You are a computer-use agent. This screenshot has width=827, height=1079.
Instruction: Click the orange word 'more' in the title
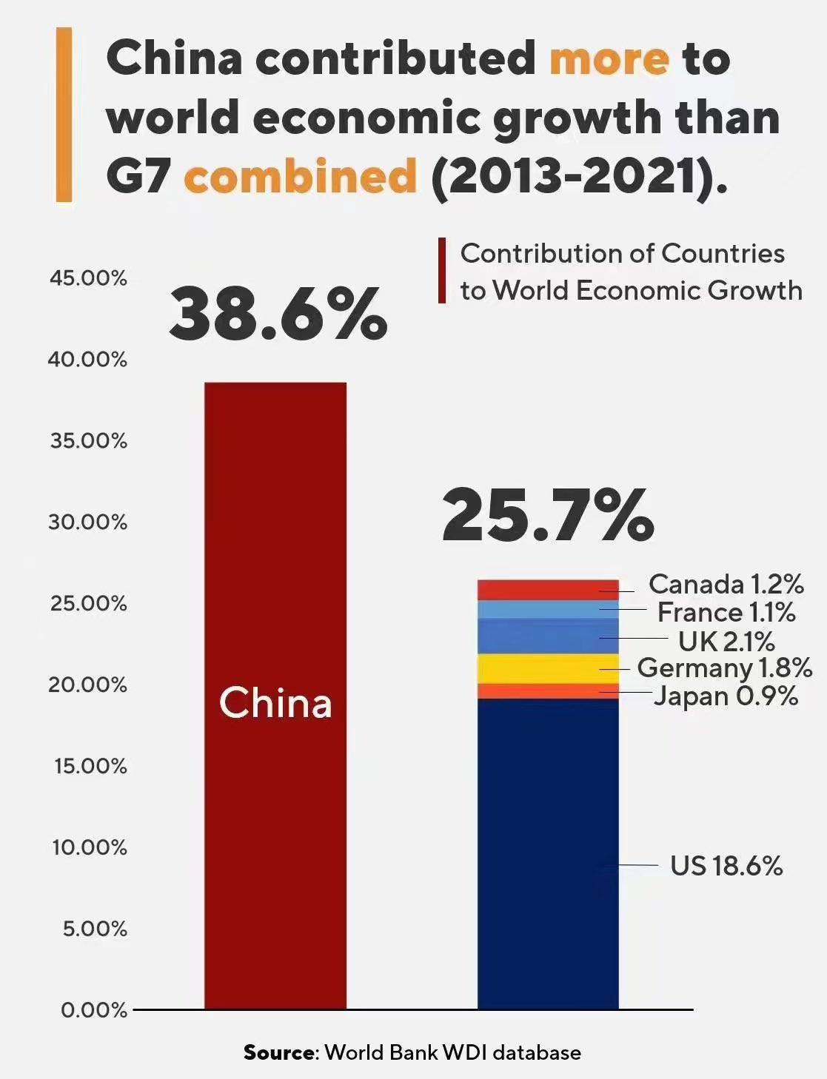609,58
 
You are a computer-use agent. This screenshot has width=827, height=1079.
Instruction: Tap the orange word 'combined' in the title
300,177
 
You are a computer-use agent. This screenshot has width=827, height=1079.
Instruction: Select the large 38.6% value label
278,315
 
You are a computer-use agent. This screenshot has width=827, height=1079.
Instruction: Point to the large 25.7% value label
548,515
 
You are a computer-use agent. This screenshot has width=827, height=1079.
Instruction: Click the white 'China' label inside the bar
275,702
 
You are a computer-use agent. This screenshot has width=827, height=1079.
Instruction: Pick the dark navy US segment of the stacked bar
547,851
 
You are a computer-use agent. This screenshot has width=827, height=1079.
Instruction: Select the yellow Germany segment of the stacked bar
547,668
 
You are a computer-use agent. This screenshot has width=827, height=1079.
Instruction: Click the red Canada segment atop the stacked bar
547,590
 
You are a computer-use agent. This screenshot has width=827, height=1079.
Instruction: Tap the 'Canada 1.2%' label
726,585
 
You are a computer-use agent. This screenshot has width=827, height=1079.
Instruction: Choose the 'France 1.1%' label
726,613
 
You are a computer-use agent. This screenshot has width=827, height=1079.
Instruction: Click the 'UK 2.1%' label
726,641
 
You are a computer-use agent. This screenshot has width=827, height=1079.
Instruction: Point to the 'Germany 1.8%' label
724,668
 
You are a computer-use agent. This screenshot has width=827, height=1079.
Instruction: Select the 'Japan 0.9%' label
726,696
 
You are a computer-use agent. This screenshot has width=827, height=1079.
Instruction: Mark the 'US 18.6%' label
726,866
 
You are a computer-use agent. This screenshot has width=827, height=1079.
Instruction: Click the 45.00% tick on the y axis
88,279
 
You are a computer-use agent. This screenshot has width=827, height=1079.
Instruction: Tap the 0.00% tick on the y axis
94,1010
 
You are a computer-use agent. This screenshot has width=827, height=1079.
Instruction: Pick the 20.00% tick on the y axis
88,685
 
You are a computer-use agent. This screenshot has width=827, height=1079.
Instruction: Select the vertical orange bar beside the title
64,115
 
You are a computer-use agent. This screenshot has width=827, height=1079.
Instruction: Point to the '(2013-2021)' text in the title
578,177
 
